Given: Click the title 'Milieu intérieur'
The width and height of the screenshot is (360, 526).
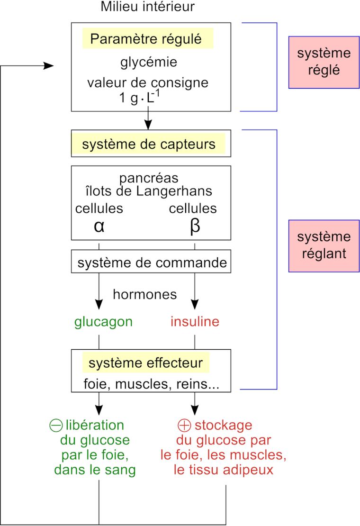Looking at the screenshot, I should [147, 7].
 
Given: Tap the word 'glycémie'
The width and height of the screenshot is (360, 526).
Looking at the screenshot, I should [148, 62].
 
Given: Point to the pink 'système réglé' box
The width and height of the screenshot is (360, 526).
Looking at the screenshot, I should [324, 62].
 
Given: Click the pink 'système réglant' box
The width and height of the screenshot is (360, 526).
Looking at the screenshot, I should [324, 245].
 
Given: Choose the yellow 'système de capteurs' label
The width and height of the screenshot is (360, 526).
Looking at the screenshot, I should [148, 144].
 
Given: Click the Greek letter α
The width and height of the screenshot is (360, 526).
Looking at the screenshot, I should [99, 226].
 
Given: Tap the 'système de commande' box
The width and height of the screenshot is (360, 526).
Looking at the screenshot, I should [151, 263].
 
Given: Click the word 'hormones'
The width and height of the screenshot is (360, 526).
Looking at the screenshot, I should [144, 294].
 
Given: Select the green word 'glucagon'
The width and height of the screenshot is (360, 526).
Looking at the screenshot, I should [103, 322].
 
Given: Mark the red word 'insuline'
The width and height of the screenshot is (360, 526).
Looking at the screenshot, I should [195, 322].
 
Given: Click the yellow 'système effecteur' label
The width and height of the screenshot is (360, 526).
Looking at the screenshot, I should [145, 363].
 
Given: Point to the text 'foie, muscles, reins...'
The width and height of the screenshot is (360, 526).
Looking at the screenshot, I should [151, 384].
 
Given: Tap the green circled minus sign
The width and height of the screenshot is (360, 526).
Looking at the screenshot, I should [56, 425].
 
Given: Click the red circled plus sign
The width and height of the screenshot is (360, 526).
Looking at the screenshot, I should [184, 425].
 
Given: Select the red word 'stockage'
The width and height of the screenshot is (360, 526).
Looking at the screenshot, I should [223, 425].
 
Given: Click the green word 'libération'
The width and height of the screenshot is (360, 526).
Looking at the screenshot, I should [95, 425].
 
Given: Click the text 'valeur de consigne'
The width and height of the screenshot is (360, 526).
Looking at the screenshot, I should [148, 82].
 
